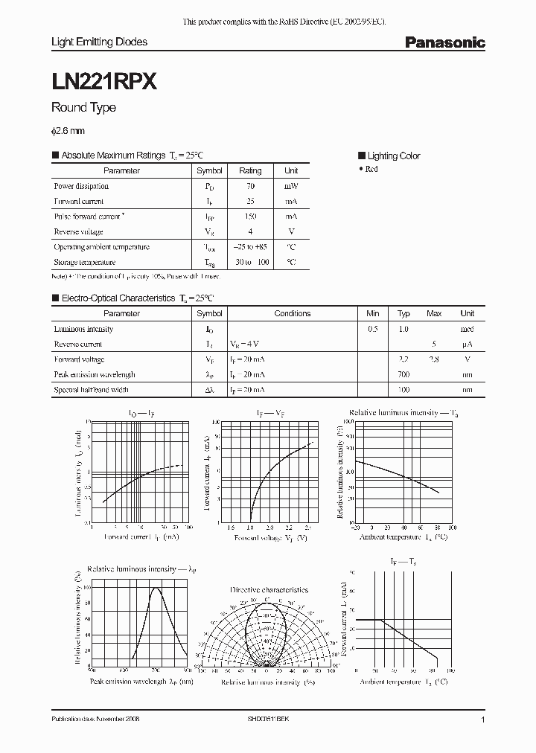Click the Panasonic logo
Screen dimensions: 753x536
[444, 43]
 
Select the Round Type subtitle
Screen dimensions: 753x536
[83, 107]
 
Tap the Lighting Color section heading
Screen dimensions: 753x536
[393, 156]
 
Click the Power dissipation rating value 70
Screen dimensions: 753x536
[250, 186]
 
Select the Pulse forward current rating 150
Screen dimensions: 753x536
[250, 217]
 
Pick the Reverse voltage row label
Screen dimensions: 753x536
[78, 231]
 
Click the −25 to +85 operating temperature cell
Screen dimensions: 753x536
[250, 247]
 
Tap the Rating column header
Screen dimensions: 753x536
[250, 170]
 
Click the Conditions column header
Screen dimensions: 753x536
[292, 313]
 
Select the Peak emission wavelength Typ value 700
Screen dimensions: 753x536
[403, 374]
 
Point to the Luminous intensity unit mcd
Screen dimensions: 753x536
[467, 329]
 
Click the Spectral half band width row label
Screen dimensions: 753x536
[91, 390]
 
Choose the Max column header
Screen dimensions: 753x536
[434, 313]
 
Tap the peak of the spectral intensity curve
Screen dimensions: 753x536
[156, 588]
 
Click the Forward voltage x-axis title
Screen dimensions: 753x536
[271, 536]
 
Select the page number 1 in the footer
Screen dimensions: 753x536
[483, 720]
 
